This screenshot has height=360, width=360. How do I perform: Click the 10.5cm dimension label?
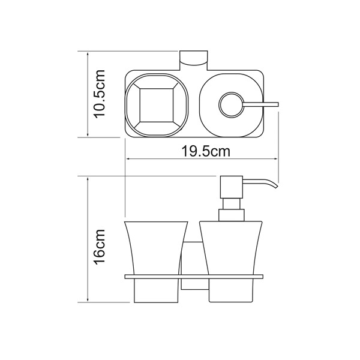(100, 94)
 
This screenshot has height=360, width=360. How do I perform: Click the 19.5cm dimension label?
(206, 151)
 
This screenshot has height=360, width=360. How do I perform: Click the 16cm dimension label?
(100, 247)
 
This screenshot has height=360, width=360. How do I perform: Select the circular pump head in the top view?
(232, 104)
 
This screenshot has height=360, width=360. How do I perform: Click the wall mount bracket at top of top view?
(194, 61)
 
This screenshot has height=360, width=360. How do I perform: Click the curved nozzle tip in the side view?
(275, 186)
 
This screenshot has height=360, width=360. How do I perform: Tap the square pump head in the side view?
(232, 187)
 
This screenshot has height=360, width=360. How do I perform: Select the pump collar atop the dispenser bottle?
(231, 215)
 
